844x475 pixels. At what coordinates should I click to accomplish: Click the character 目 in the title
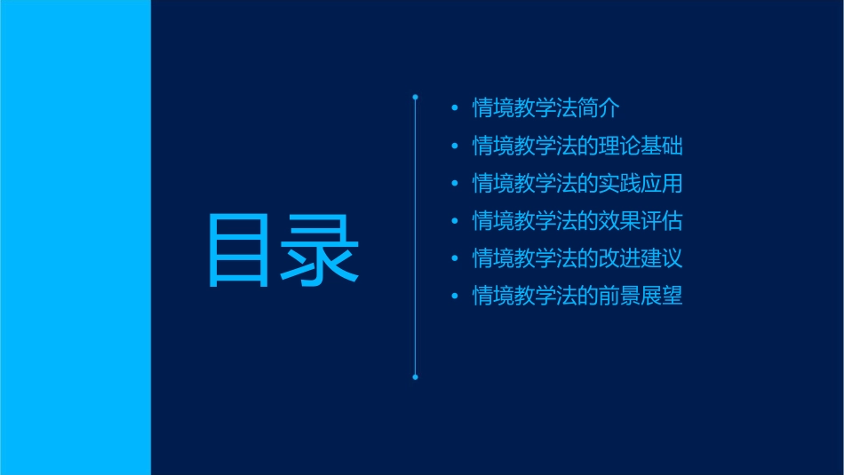point(239,249)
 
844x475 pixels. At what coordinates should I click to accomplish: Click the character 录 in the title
point(321,249)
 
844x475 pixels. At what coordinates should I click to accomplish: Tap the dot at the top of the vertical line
point(415,96)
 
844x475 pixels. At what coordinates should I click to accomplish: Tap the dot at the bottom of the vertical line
point(415,377)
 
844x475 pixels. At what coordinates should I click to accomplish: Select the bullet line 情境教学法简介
point(545,108)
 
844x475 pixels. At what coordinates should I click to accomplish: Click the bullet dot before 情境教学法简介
point(455,108)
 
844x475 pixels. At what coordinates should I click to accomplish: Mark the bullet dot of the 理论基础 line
point(455,146)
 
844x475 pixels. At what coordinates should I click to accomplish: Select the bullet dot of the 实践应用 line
point(455,184)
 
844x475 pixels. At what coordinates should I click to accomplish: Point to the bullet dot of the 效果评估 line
point(455,221)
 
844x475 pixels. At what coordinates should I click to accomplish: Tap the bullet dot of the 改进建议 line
point(455,258)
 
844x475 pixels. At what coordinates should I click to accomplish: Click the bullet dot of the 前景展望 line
point(455,296)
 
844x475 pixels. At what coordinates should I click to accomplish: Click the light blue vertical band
point(75,237)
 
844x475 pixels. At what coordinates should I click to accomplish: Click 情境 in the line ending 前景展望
point(492,296)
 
